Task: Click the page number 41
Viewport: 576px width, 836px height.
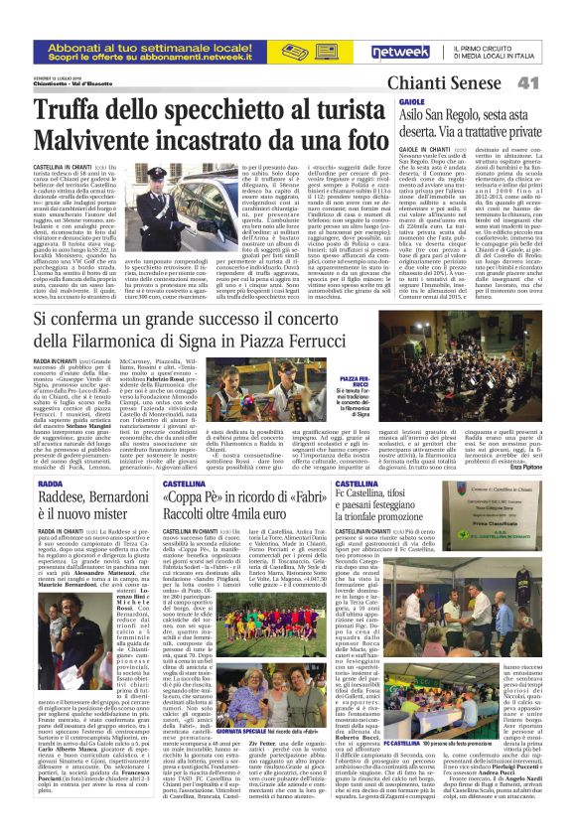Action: coord(552,82)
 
